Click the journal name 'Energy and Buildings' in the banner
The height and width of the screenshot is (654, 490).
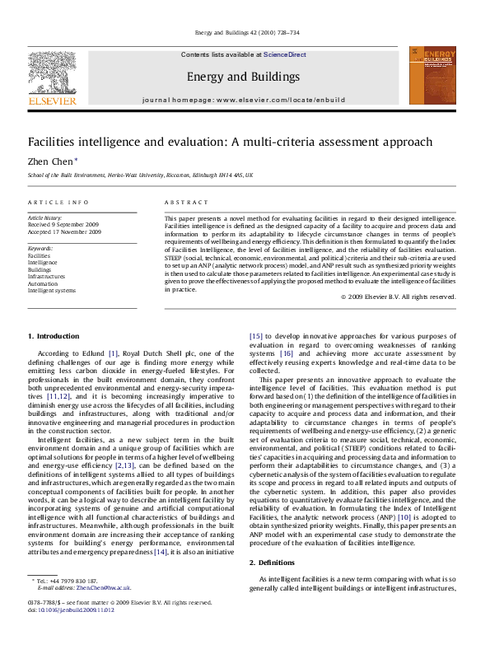(243, 77)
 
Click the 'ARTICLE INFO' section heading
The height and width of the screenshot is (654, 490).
(58, 202)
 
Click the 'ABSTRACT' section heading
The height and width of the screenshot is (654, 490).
(180, 202)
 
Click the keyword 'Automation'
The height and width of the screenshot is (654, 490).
(43, 283)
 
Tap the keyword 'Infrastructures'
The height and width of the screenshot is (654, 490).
(46, 277)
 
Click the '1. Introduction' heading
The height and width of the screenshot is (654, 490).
(54, 336)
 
